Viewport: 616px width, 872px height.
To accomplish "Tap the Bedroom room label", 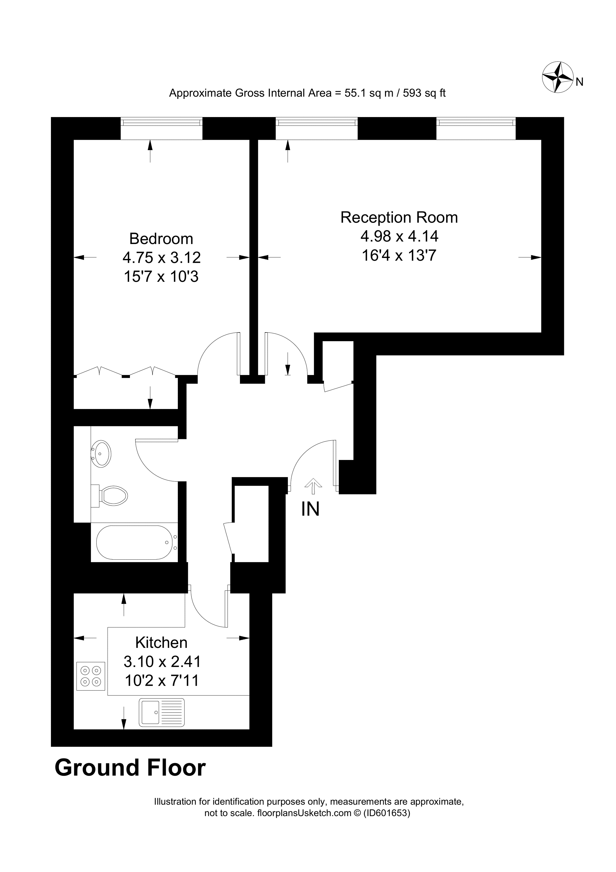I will [x=161, y=239].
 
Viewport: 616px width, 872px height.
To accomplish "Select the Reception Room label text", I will [x=399, y=218].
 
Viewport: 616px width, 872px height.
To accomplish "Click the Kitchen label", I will [x=161, y=643].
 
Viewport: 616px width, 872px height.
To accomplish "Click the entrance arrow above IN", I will [x=313, y=486].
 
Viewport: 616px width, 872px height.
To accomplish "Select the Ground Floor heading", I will [x=130, y=768].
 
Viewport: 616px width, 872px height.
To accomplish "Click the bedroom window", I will [x=162, y=122].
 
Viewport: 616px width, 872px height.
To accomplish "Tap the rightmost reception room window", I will [x=476, y=122].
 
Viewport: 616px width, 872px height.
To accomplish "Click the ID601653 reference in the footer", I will [x=387, y=813].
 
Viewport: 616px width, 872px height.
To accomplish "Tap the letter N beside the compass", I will [x=579, y=82].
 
